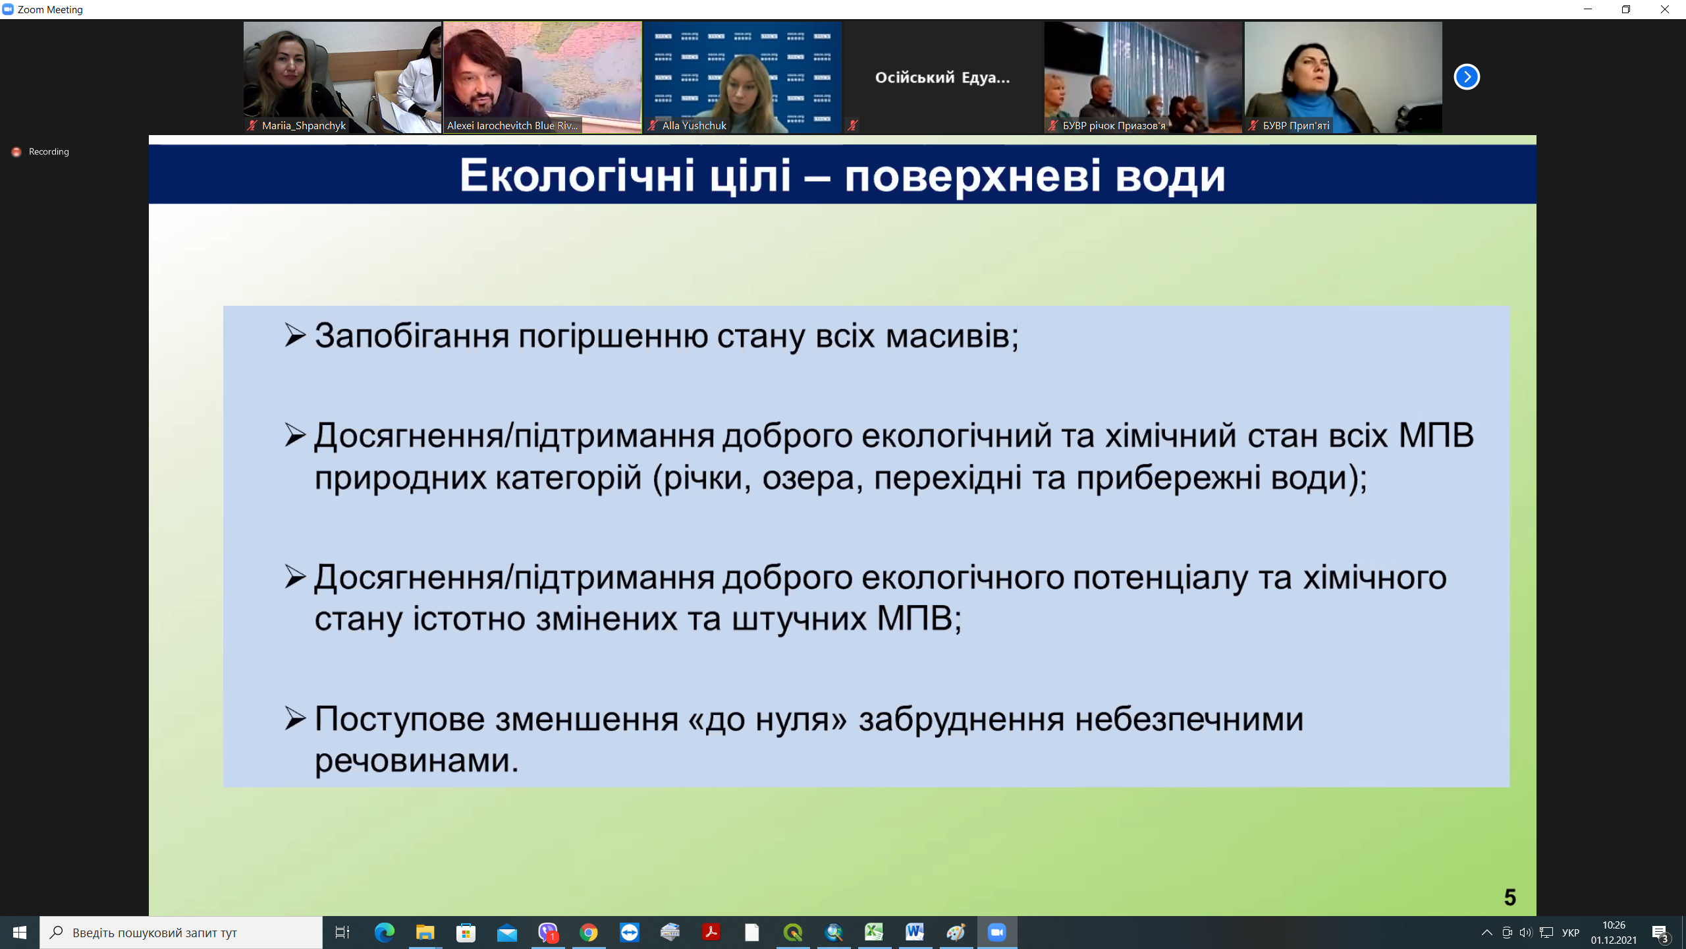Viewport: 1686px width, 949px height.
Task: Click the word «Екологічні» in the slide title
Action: (577, 176)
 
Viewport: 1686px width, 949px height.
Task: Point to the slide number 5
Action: (1510, 897)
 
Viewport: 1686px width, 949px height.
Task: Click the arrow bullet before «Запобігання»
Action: (295, 335)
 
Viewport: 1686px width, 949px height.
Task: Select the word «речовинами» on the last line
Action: (417, 761)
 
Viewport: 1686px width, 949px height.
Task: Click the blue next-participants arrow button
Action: (1467, 77)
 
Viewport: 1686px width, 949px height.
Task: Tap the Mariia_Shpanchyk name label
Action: (304, 125)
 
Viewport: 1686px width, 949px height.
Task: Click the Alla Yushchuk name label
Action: (694, 125)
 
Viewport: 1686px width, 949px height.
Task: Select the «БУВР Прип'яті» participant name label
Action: (1296, 125)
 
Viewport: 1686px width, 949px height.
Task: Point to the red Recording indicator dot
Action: (16, 152)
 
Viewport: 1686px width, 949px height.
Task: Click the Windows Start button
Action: (20, 933)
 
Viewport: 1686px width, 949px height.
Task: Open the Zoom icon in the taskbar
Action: (997, 933)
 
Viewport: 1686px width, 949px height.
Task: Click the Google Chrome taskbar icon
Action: (589, 933)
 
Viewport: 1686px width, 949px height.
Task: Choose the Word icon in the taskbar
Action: (915, 933)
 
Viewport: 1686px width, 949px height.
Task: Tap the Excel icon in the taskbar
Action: (874, 933)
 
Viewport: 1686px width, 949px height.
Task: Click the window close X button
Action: (1664, 9)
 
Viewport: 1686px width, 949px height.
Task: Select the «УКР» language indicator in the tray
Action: (1571, 933)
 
